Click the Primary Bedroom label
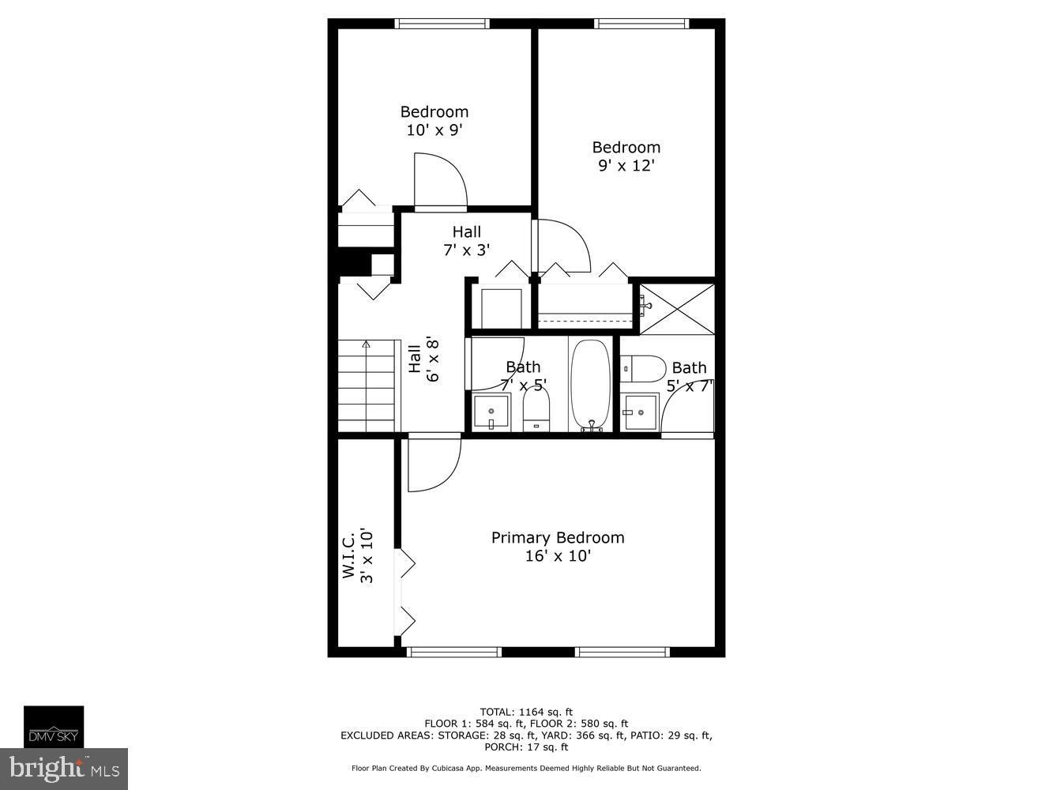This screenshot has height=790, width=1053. coord(558,538)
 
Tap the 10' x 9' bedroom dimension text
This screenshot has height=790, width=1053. coord(434,130)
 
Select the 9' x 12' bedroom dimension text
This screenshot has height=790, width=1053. coord(626,166)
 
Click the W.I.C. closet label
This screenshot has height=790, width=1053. coord(348,555)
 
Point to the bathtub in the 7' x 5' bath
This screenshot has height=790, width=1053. coord(590,386)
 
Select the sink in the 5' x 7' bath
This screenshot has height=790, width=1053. coord(639,412)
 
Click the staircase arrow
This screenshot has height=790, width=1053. coord(366,344)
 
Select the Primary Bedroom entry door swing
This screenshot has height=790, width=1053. coord(432,465)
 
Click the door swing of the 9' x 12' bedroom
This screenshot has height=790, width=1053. coord(562,245)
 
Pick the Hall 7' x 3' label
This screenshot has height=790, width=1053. coord(466,241)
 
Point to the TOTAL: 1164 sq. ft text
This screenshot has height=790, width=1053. coord(526,711)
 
